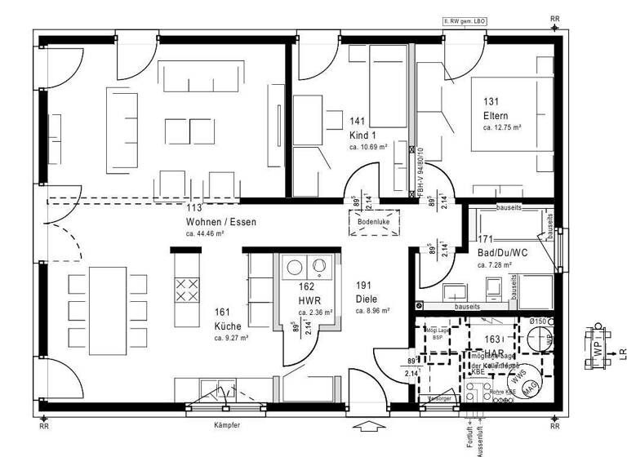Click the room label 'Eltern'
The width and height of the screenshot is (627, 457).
click(496, 116)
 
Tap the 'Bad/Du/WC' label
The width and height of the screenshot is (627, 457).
click(502, 253)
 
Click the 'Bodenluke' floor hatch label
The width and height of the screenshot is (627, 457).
click(372, 221)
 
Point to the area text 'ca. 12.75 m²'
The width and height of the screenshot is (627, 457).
click(502, 128)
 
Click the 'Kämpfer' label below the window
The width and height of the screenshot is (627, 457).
click(227, 425)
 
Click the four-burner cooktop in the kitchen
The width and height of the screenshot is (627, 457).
click(187, 290)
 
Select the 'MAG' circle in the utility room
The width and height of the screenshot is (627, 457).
click(531, 390)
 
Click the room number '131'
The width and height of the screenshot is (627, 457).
click(491, 102)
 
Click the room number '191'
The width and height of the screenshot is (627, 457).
click(363, 286)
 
